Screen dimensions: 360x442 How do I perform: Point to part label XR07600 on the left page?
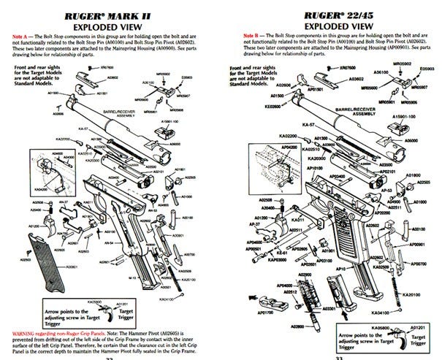pos(104,66)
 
